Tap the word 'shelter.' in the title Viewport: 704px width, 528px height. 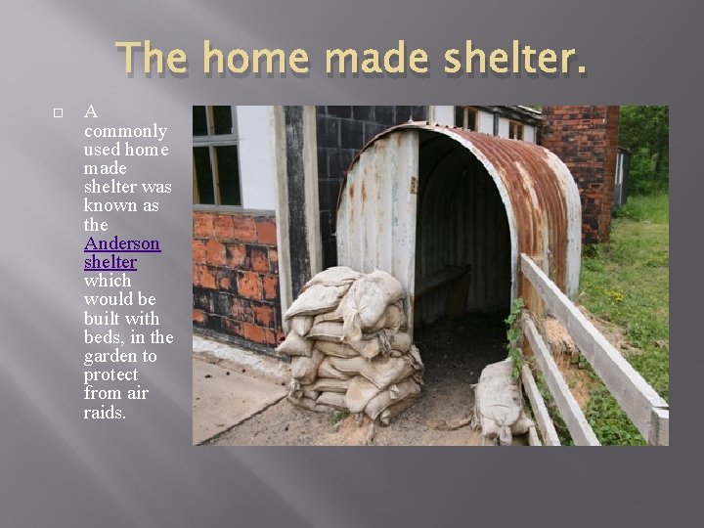pyautogui.click(x=515, y=61)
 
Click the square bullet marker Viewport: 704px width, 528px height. pyautogui.click(x=58, y=114)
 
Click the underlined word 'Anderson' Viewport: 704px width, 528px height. pyautogui.click(x=122, y=243)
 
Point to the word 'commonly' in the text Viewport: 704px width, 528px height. pyautogui.click(x=125, y=131)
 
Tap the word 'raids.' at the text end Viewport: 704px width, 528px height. pyautogui.click(x=106, y=413)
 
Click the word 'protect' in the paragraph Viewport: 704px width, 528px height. pyautogui.click(x=110, y=374)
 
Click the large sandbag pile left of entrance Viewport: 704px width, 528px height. pyautogui.click(x=349, y=342)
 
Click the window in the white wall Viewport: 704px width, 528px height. pyautogui.click(x=216, y=156)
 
